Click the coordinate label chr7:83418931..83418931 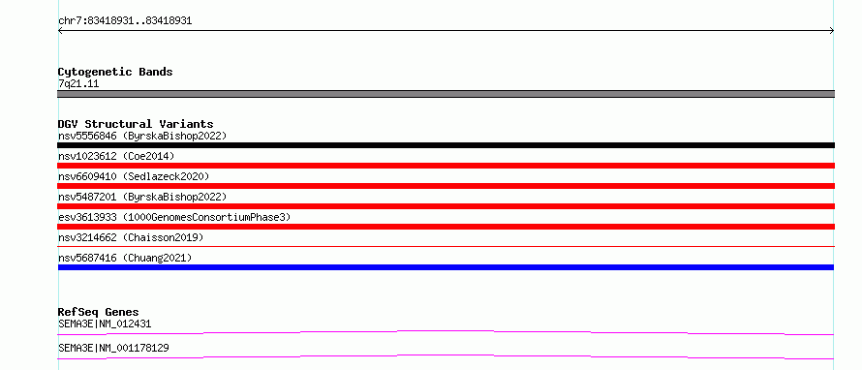[125, 21]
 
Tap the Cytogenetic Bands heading [115, 72]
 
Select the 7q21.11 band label [78, 84]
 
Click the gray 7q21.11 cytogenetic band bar [446, 94]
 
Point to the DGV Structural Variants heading [136, 124]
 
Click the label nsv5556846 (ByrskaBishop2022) [142, 136]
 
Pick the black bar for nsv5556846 [446, 145]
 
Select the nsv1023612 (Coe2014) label [116, 156]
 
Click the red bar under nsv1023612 [446, 166]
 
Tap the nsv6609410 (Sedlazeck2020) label [134, 176]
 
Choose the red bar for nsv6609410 [446, 186]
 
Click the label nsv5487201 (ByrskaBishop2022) [142, 197]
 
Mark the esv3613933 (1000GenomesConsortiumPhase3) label [174, 217]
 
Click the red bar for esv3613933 [446, 227]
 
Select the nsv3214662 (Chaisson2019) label [131, 237]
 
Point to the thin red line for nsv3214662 [446, 247]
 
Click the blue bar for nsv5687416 [446, 267]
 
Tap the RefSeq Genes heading [99, 312]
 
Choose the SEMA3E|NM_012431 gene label [105, 324]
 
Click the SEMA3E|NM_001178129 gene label [113, 348]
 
